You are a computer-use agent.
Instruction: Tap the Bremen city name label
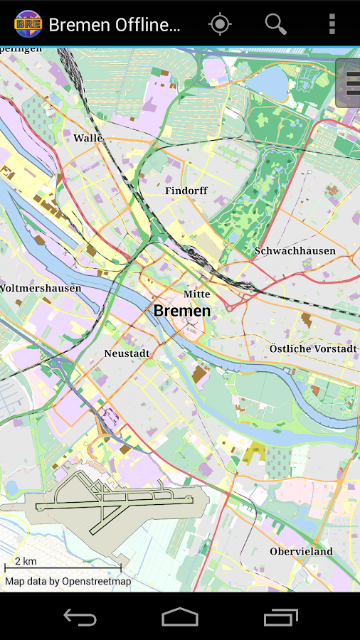182,311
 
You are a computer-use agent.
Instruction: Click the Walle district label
88,138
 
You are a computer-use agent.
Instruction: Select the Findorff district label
186,191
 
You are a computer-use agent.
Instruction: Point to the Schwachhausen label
295,251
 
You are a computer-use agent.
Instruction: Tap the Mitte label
197,294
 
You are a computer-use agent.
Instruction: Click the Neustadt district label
127,353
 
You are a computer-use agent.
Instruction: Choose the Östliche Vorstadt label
313,348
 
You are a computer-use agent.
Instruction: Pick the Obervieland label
301,551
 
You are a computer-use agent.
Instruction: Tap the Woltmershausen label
41,288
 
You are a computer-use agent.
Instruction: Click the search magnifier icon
275,24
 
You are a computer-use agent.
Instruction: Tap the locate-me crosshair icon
220,24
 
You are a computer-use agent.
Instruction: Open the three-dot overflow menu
332,24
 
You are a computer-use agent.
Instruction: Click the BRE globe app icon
28,24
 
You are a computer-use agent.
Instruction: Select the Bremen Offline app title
114,25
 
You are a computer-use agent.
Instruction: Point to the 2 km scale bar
63,567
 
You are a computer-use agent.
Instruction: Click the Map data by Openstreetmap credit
68,581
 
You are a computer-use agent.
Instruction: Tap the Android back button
80,617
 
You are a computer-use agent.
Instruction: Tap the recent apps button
281,617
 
